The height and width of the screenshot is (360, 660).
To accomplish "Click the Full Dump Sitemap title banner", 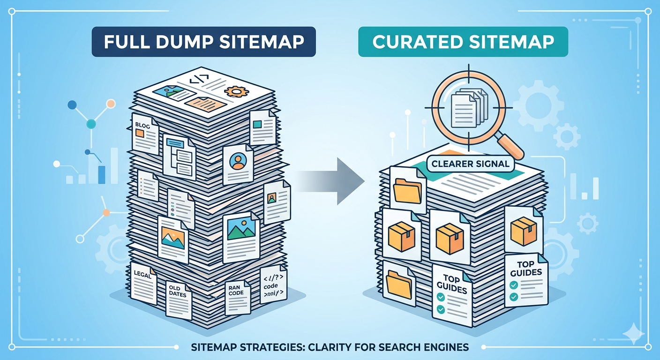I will click(x=203, y=42).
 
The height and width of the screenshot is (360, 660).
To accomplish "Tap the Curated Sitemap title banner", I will click(x=463, y=42).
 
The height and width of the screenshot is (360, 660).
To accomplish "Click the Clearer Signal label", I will click(x=470, y=164).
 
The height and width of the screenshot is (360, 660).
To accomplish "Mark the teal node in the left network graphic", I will click(x=91, y=124).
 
